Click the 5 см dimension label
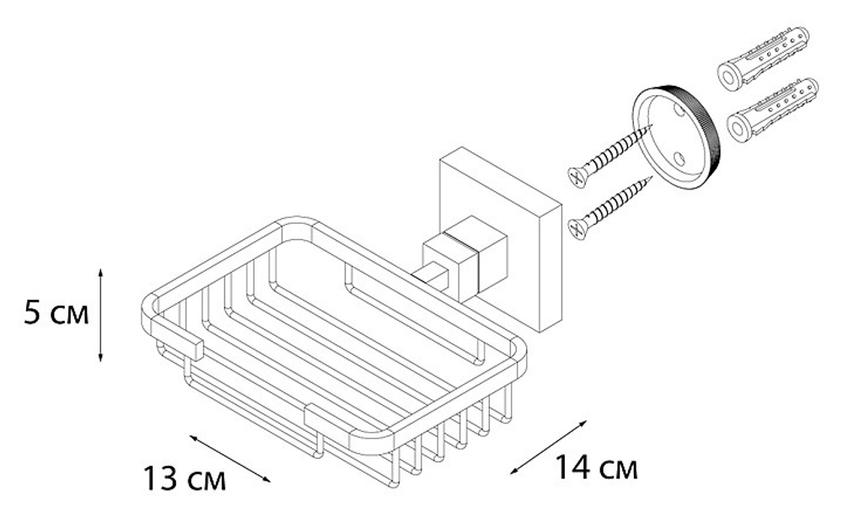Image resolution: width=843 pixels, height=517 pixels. coord(56,316)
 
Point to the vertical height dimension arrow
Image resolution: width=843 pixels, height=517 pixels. coord(100,316)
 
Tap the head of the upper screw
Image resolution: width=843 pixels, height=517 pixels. coord(577,178)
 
